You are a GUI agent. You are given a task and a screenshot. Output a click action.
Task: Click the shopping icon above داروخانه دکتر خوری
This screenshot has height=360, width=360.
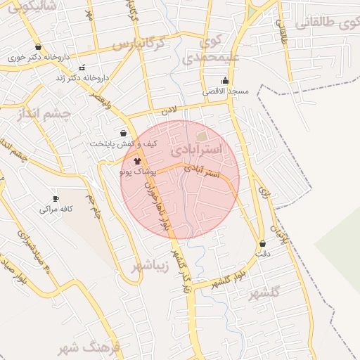point(37,47)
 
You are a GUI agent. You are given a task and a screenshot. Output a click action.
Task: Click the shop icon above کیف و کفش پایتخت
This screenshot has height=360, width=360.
point(124,133)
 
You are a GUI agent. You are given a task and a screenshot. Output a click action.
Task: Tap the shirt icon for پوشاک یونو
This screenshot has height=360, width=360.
point(127,161)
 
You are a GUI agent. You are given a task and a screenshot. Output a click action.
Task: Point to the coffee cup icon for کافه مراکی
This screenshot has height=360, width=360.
point(56,199)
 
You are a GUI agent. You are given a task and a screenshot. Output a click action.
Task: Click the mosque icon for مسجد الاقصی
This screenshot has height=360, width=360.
point(225,81)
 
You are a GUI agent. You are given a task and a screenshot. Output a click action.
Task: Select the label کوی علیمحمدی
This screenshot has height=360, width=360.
point(211,50)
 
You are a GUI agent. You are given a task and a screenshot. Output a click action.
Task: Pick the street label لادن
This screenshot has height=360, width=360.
point(169,111)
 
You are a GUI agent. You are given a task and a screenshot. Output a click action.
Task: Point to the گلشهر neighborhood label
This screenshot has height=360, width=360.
point(264,293)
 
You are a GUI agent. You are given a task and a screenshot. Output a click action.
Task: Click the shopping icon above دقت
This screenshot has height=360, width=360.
point(263,243)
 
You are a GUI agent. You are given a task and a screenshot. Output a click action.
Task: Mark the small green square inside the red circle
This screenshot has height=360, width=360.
point(202,136)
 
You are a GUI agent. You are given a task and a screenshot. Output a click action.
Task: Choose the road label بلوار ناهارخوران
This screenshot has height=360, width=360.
point(157,205)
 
